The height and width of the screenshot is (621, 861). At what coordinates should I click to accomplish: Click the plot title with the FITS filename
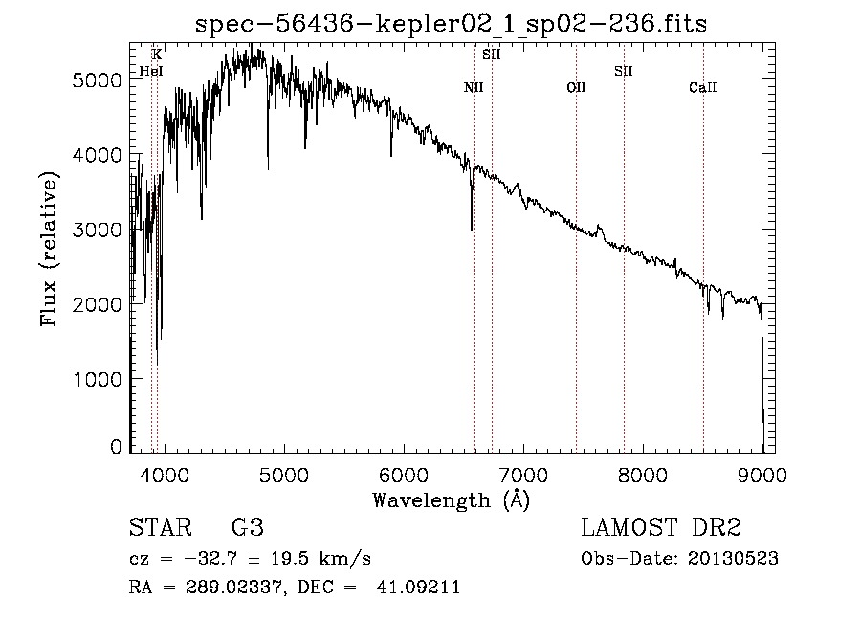pos(451,24)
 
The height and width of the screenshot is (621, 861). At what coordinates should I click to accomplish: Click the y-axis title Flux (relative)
pos(49,248)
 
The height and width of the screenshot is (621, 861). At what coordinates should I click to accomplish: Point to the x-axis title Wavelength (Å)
pos(451,499)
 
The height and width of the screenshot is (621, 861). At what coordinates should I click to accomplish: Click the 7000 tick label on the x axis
pos(523,474)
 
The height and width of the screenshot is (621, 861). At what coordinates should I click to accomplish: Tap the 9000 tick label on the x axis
pos(762,474)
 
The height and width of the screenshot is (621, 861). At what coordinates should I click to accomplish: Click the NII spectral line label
pos(474,88)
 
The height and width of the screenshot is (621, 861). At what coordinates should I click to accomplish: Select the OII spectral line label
pos(576,88)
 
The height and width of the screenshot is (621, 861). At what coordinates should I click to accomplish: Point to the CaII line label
pos(703,88)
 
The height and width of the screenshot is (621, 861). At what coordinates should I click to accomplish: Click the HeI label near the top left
pos(150,71)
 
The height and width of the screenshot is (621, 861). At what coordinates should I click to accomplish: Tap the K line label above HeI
pos(157,55)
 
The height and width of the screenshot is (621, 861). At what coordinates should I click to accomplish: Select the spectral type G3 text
pos(248,528)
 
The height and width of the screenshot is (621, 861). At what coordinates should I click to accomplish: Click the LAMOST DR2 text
pos(661,528)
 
